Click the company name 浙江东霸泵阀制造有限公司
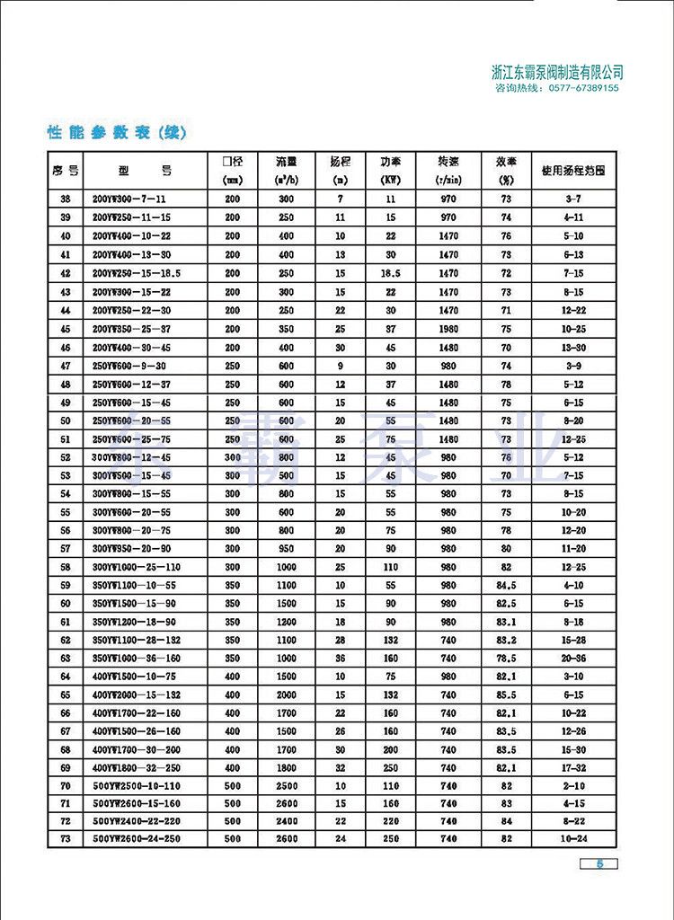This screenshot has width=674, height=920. [558, 73]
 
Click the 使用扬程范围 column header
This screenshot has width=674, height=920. [573, 169]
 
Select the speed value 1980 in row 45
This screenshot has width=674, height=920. [448, 329]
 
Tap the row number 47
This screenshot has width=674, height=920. [65, 366]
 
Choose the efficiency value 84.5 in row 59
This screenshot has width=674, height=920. [506, 586]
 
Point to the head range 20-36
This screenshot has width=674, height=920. [573, 657]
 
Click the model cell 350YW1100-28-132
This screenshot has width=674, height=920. [138, 641]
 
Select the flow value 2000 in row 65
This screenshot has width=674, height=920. [286, 694]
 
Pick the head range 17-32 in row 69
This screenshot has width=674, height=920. [573, 767]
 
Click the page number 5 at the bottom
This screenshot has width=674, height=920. [602, 864]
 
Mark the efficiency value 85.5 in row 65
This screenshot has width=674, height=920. [506, 694]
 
